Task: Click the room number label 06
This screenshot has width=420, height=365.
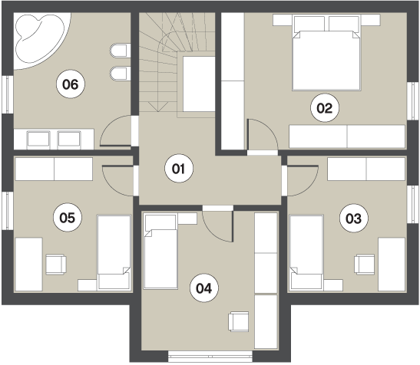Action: (x=71, y=84)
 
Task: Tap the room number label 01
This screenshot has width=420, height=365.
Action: (x=179, y=169)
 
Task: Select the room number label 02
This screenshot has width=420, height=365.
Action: (x=325, y=108)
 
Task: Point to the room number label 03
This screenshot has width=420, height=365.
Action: (x=353, y=219)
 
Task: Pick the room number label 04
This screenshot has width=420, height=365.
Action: (x=203, y=288)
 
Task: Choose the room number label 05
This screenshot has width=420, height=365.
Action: (x=68, y=217)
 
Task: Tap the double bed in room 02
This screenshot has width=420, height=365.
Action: (x=326, y=53)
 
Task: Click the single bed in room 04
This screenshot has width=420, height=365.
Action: (x=160, y=251)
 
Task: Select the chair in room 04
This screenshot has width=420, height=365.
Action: (x=238, y=321)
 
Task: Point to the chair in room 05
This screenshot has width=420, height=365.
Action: (x=56, y=265)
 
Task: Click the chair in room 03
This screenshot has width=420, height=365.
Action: (x=364, y=265)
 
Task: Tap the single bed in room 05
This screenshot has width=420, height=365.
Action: (x=114, y=252)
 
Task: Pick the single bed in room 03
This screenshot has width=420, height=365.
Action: (x=306, y=252)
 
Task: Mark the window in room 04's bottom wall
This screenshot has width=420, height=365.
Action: (x=210, y=357)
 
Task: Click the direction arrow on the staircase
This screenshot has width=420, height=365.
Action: (x=158, y=107)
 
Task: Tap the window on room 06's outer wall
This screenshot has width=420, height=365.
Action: (x=8, y=94)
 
